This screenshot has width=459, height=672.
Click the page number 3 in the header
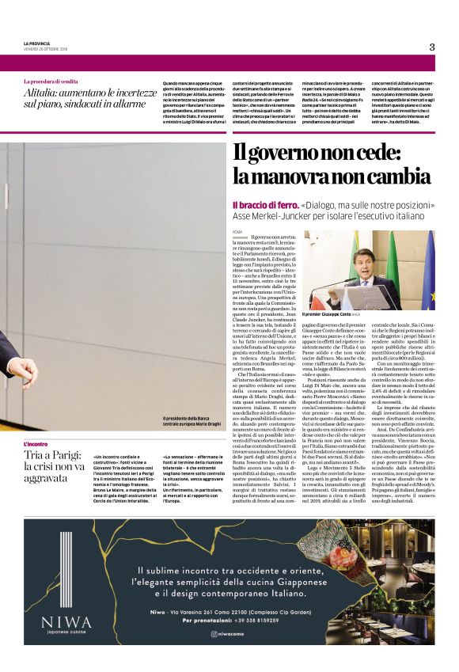(432, 47)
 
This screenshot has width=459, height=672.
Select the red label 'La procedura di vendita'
(51, 82)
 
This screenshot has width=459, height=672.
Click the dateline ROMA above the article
(237, 230)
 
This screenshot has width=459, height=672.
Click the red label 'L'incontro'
(36, 445)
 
